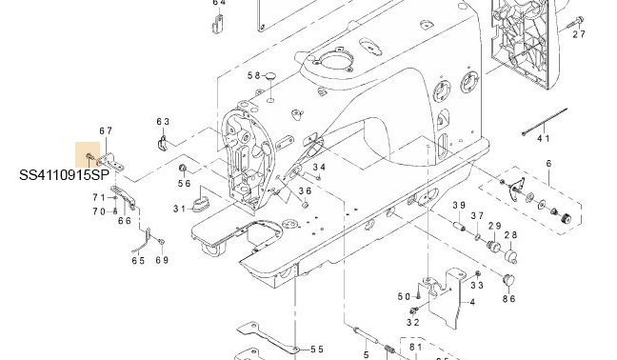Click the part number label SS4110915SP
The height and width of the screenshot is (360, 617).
[64, 175]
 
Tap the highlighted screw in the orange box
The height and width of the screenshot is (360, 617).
[89, 157]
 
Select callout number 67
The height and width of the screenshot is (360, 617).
[106, 130]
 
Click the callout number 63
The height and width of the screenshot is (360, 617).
[163, 122]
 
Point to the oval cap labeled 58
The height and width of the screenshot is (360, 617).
[270, 75]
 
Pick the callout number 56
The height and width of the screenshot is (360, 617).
[184, 184]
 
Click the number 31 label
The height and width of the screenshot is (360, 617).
[180, 209]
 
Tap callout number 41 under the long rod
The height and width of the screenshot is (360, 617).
[544, 138]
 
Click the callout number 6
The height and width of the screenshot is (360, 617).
[549, 163]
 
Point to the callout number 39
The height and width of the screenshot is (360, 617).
[459, 205]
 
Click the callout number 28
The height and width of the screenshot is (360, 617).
[510, 235]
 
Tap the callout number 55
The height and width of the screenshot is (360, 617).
[317, 349]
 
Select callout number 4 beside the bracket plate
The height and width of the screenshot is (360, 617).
[472, 302]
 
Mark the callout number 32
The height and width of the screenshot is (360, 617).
[413, 322]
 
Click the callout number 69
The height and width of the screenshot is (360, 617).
[162, 260]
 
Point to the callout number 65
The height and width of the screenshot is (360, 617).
[138, 260]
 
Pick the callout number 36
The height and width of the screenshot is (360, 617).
[305, 191]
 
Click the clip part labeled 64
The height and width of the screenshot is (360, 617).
[218, 25]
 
